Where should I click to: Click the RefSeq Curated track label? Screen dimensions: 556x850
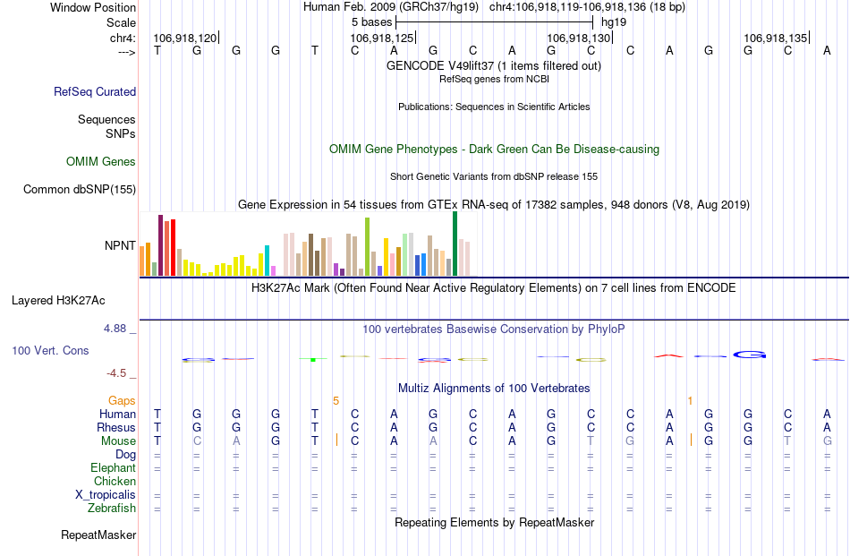point(95,91)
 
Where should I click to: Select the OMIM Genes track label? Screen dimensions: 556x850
point(101,162)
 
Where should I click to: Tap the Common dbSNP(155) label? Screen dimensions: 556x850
point(80,189)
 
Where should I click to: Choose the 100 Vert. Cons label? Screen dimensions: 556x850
point(50,350)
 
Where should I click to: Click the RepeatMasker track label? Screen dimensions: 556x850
point(98,535)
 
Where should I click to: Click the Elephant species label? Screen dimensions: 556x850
point(113,468)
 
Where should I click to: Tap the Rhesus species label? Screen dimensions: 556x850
point(115,428)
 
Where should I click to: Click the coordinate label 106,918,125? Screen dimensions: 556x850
point(382,38)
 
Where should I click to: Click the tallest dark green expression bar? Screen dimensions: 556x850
point(455,244)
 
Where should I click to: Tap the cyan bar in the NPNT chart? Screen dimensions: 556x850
point(267,260)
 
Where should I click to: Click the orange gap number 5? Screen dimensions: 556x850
point(336,400)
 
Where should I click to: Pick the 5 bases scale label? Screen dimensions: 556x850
point(370,21)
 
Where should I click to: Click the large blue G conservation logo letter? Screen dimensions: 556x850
point(751,355)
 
